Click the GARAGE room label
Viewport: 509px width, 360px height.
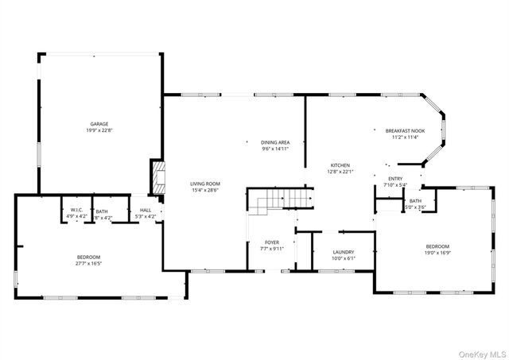99,124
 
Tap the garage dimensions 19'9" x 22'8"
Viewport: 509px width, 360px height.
99,130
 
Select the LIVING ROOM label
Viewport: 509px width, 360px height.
204,183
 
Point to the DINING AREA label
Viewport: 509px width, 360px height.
274,141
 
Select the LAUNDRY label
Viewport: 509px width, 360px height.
344,251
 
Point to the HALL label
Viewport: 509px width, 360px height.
146,210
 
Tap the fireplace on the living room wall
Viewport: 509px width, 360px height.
157,179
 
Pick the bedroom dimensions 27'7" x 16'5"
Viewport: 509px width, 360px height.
89,263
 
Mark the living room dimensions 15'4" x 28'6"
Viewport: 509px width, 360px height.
204,189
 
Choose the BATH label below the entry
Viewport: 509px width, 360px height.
415,200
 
